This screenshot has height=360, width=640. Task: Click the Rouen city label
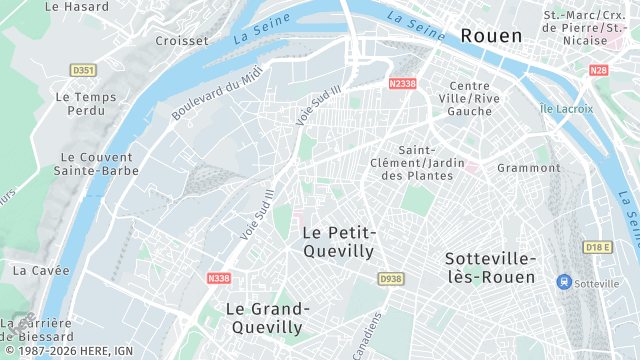pyautogui.click(x=491, y=36)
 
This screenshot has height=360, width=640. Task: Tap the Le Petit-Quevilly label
pyautogui.click(x=338, y=242)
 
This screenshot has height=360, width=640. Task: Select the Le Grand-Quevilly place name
pyautogui.click(x=267, y=318)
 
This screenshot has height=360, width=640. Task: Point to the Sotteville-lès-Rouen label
pyautogui.click(x=490, y=267)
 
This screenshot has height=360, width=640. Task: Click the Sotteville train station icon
pyautogui.click(x=564, y=283)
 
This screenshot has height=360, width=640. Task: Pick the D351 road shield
pyautogui.click(x=84, y=70)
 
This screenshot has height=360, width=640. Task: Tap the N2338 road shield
pyautogui.click(x=402, y=84)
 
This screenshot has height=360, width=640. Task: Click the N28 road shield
pyautogui.click(x=598, y=70)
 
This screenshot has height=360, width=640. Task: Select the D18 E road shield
pyautogui.click(x=597, y=247)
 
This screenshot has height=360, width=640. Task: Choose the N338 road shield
pyautogui.click(x=219, y=278)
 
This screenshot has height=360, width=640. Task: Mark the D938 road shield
pyautogui.click(x=390, y=279)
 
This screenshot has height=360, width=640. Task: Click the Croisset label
pyautogui.click(x=182, y=41)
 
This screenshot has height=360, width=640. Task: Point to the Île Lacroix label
pyautogui.click(x=566, y=108)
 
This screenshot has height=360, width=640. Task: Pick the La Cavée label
pyautogui.click(x=41, y=270)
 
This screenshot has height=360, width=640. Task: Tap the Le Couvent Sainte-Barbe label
pyautogui.click(x=96, y=165)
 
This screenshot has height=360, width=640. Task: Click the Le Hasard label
pyautogui.click(x=77, y=6)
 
